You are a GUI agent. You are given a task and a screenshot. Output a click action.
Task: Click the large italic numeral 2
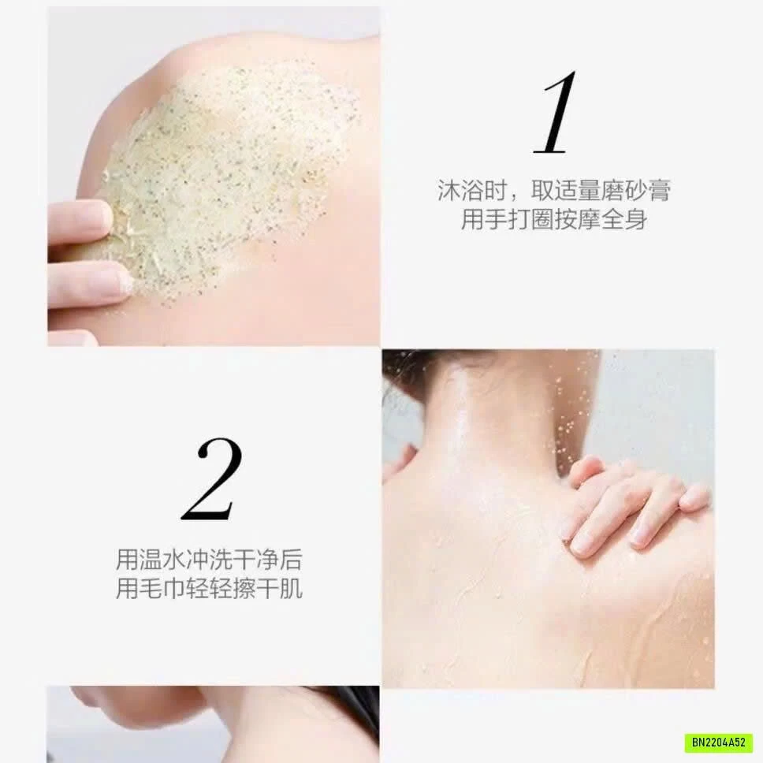tap(210, 478)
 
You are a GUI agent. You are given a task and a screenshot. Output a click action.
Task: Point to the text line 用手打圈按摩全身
tap(554, 219)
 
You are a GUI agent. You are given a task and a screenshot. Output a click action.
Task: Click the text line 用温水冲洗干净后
tap(209, 560)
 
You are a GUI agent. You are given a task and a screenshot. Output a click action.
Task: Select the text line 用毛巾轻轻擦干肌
tap(209, 589)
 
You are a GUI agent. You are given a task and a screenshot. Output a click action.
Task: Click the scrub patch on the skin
tap(229, 166)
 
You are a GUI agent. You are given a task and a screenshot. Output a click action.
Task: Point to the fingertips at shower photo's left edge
tap(398, 461)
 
